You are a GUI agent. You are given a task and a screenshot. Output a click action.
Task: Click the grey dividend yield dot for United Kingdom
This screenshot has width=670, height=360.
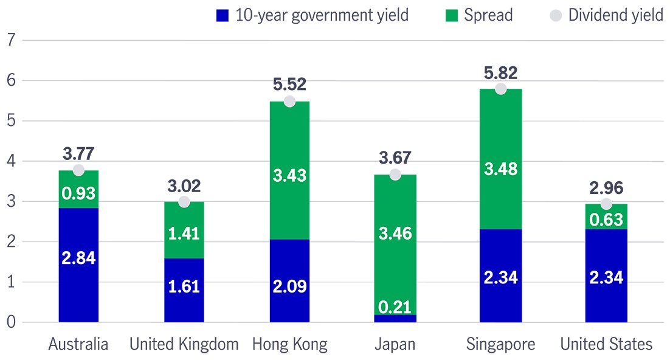click(184, 202)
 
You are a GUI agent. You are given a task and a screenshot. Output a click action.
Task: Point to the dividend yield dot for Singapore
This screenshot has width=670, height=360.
click(500, 89)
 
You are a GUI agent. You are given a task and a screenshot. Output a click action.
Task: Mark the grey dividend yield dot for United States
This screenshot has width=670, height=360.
click(606, 204)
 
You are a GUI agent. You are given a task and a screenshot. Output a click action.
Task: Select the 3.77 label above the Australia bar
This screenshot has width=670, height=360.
click(78, 153)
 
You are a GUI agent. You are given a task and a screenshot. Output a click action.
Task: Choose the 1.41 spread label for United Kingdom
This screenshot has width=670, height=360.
click(184, 233)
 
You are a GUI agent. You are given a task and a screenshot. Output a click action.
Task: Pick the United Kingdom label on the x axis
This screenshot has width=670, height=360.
click(184, 344)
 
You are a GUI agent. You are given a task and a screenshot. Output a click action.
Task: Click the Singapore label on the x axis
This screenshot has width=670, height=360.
click(500, 344)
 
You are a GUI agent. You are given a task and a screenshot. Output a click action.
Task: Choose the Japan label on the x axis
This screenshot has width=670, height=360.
click(395, 344)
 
